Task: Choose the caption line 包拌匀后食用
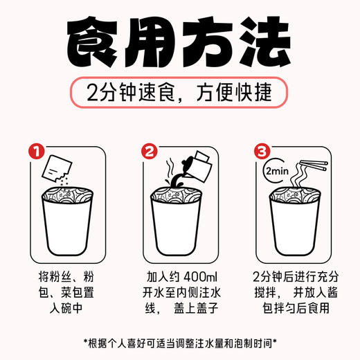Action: pos(291,304)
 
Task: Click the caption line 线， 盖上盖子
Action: pos(179,304)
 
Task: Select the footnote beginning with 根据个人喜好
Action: pos(180,341)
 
